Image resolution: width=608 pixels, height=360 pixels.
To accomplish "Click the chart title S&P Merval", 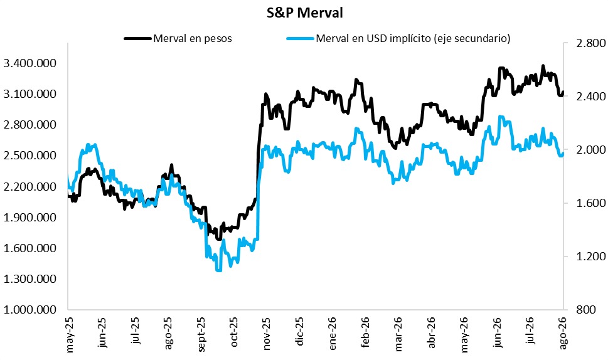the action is coord(305,13).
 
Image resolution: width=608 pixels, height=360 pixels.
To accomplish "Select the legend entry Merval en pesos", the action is coord(193,38).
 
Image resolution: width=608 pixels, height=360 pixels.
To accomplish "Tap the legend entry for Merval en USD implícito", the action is coord(413,38).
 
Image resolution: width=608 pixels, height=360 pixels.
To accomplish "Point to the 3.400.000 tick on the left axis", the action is coord(29,63).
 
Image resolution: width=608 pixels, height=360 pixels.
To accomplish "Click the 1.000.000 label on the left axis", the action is coord(29,309).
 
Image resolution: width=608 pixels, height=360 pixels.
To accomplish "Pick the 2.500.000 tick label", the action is coord(29,156).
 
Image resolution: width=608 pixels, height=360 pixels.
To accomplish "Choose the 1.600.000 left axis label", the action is coord(29,248).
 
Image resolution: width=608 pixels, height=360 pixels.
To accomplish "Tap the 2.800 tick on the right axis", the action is coord(590,43).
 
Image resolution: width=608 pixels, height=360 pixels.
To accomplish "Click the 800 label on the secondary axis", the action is coord(585,309).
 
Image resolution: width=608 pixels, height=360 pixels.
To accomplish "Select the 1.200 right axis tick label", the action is coord(590,256).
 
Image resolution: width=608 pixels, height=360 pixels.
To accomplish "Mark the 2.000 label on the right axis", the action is coord(590,149).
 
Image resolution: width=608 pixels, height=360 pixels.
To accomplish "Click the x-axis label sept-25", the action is coord(201,335).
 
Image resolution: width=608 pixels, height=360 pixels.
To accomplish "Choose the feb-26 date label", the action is coord(366,333).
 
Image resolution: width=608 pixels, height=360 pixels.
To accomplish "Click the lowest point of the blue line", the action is coord(218,270).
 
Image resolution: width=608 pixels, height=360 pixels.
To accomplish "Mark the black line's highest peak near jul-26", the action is coord(543,66).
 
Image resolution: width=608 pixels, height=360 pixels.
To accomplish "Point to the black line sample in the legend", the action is coord(137,38).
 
